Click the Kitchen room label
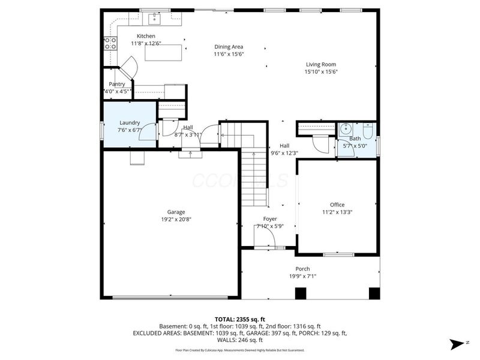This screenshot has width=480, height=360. [x=146, y=36]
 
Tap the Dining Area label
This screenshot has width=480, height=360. [x=229, y=47]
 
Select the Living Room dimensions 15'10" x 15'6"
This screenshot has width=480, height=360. [x=320, y=72]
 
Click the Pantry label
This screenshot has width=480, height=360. [x=117, y=85]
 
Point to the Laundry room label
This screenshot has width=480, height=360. [x=130, y=122]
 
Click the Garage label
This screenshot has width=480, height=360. [x=176, y=212]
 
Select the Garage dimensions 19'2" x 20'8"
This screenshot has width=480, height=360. [x=176, y=219]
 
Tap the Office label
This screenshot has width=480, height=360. [x=337, y=205]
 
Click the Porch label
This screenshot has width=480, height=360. [x=302, y=269]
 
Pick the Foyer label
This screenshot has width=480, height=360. [x=270, y=219]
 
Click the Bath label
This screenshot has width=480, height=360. [x=355, y=139]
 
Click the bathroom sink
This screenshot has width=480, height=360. [x=346, y=128]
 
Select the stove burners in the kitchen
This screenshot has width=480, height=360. [x=110, y=43]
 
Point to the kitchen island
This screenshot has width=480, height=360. [x=164, y=53]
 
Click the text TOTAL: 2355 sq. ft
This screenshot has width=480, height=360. [x=240, y=319]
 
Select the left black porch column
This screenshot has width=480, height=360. [x=301, y=293]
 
